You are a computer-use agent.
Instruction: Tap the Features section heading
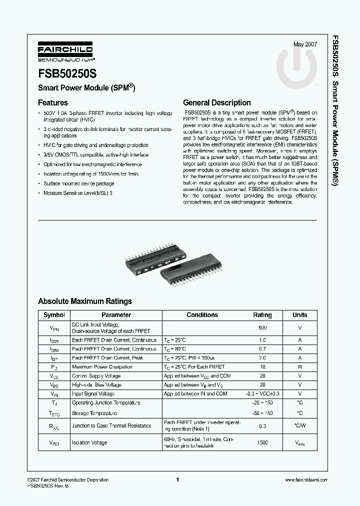click(53, 103)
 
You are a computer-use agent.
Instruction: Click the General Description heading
click(217, 103)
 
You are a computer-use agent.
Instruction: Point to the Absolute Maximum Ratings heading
click(85, 301)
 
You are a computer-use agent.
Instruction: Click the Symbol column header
click(54, 315)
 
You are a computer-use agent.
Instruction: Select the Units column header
click(299, 315)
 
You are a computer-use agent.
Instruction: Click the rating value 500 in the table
click(262, 328)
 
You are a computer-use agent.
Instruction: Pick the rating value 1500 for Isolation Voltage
click(262, 442)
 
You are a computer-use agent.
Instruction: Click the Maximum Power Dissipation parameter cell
click(102, 367)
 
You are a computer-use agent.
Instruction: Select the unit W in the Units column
click(299, 367)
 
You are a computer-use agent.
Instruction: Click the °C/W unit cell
click(299, 426)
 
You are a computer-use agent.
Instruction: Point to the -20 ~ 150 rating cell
click(262, 403)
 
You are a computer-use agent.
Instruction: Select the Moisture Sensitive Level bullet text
click(77, 192)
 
